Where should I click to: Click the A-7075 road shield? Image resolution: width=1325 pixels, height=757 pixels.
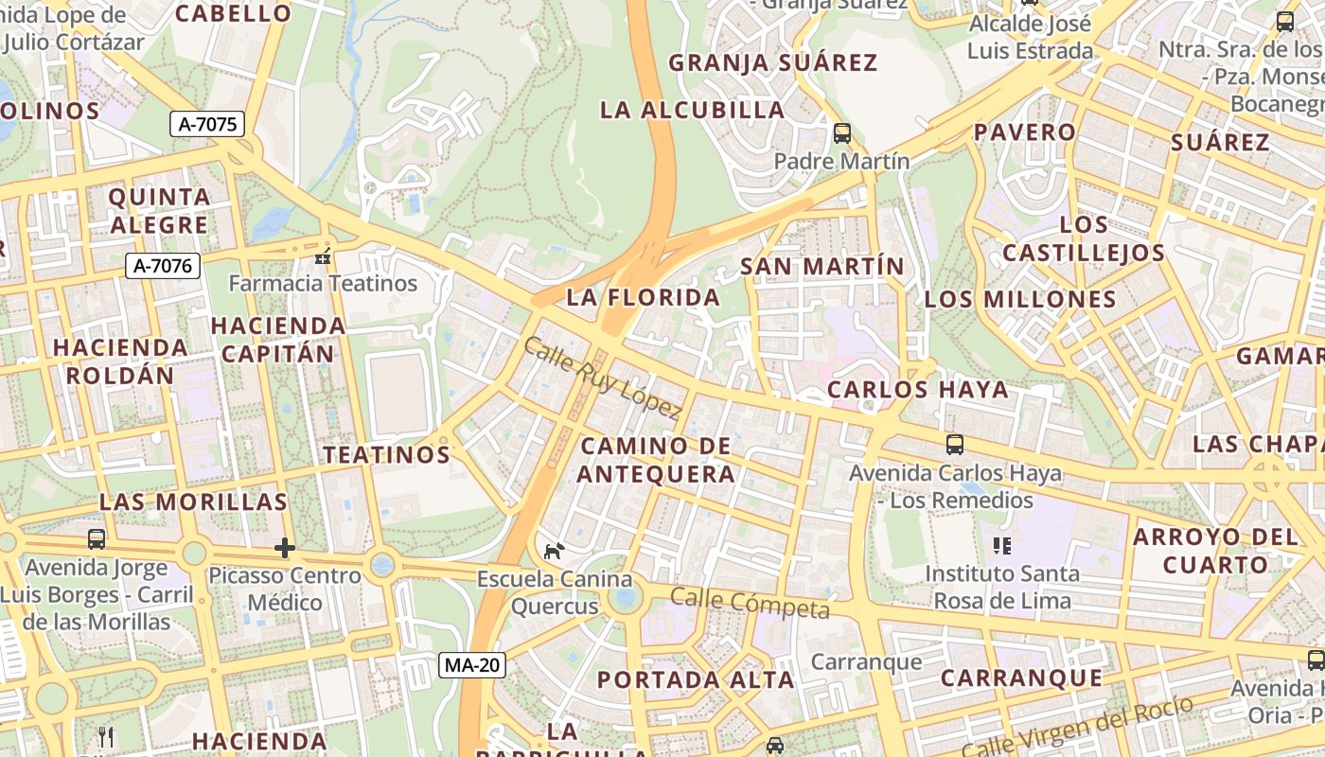click(x=207, y=123)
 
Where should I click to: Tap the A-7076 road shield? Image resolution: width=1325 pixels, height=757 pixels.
click(x=163, y=266)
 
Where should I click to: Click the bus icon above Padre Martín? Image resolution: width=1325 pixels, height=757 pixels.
click(x=841, y=133)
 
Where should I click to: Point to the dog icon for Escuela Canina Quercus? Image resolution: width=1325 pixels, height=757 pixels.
click(x=554, y=550)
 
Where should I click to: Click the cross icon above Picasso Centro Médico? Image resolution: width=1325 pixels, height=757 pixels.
click(x=284, y=548)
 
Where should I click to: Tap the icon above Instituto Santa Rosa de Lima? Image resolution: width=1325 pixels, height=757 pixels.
click(x=1001, y=545)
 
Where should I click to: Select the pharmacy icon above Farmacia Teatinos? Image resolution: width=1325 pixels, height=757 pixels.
click(x=323, y=255)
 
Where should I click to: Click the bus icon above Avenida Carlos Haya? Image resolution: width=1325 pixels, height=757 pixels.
click(x=955, y=444)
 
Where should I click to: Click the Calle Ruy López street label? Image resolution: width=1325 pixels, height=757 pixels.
click(x=602, y=378)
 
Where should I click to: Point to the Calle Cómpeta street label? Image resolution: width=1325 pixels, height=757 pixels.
click(x=750, y=603)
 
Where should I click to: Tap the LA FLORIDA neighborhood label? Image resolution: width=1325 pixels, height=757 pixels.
click(x=643, y=297)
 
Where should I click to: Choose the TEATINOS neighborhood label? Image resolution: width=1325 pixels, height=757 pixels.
click(x=386, y=454)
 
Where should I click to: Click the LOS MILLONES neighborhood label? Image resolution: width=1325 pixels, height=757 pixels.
click(x=1020, y=300)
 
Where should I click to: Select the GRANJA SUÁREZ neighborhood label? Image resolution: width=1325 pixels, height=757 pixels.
click(x=773, y=63)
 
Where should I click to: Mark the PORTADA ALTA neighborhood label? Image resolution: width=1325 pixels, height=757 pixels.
click(x=696, y=679)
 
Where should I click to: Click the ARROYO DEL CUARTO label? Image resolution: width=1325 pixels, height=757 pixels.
click(x=1214, y=551)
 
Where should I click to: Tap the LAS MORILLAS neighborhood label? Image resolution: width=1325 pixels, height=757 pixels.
click(x=193, y=502)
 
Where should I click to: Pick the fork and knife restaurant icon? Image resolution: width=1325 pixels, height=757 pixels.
click(x=106, y=736)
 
